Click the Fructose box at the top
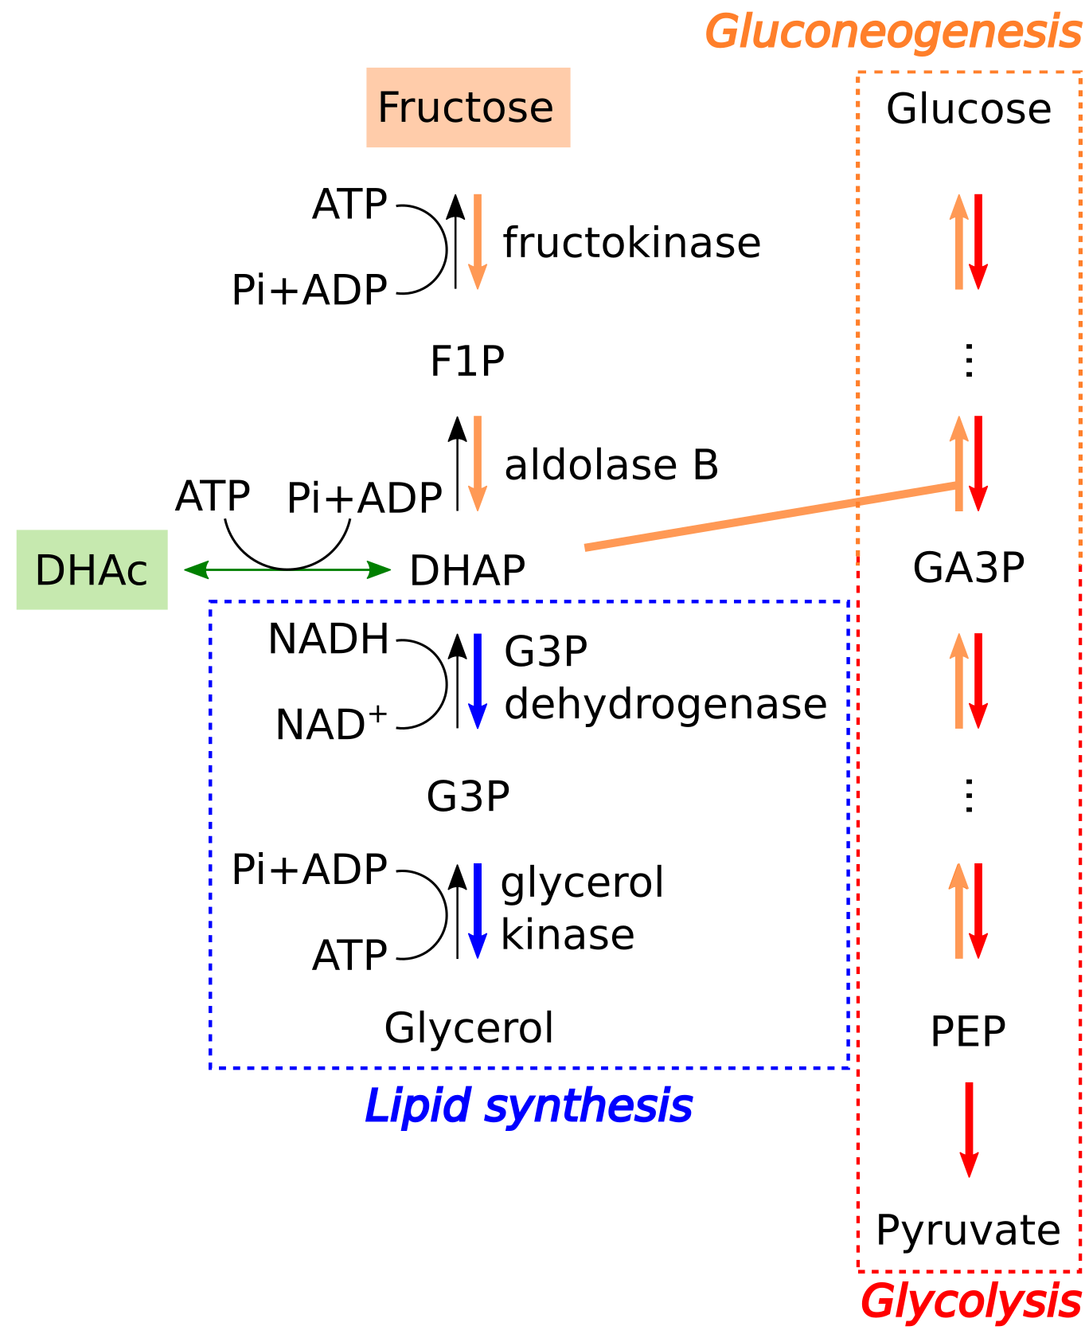[x=467, y=108]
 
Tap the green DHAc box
[x=92, y=570]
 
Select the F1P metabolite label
[x=467, y=362]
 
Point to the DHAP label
[x=467, y=570]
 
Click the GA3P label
[x=969, y=568]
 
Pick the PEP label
[x=968, y=1032]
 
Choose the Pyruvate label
[x=968, y=1230]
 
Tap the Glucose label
[x=969, y=109]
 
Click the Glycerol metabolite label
[x=469, y=1027]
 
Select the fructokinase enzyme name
[x=632, y=243]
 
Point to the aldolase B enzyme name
[x=611, y=465]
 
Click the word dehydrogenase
[x=665, y=704]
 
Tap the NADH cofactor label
[x=329, y=640]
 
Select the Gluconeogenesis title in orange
[x=893, y=33]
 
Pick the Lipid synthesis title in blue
[x=529, y=1106]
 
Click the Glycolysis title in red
[x=970, y=1302]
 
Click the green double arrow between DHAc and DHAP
[x=287, y=569]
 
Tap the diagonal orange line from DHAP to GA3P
[x=771, y=516]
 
